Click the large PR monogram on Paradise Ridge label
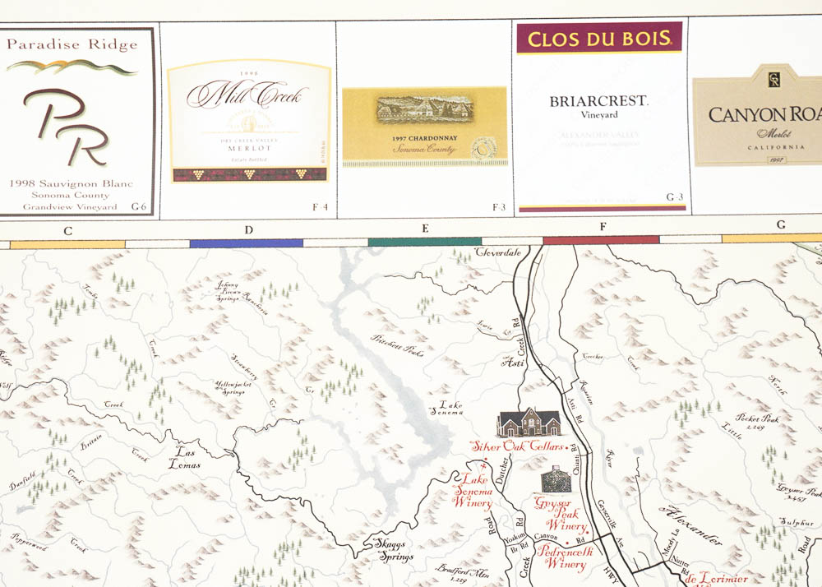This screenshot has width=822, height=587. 66,125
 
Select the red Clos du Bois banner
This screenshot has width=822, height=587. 599,38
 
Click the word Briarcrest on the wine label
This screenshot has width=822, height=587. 598,101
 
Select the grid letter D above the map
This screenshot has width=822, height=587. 248,229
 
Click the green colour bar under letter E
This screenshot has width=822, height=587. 424,242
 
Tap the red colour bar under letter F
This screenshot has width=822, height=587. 601,240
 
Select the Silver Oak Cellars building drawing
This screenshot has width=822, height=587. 529,423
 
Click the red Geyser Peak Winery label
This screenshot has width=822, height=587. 561,514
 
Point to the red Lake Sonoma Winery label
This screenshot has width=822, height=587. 475,491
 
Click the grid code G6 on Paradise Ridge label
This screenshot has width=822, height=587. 139,206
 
